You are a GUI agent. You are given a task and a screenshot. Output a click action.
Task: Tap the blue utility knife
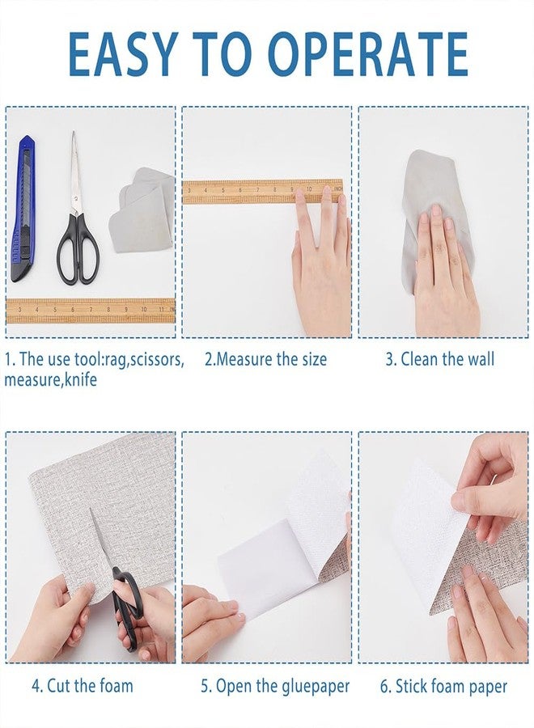click(x=23, y=209)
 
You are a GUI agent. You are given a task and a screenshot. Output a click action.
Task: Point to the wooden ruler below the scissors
click(x=91, y=310)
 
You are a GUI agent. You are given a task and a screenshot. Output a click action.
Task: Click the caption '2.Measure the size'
click(x=265, y=359)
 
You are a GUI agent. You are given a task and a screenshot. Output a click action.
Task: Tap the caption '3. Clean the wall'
click(x=439, y=359)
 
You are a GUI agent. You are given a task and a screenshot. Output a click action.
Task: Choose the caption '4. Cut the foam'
click(x=83, y=687)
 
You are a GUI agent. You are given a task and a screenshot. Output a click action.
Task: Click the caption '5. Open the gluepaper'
click(x=275, y=687)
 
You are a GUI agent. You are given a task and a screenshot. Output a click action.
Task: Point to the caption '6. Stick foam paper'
click(x=443, y=687)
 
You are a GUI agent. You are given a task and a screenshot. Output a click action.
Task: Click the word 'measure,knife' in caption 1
click(x=50, y=379)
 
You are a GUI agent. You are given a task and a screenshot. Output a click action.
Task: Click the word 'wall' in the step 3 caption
click(x=478, y=359)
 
